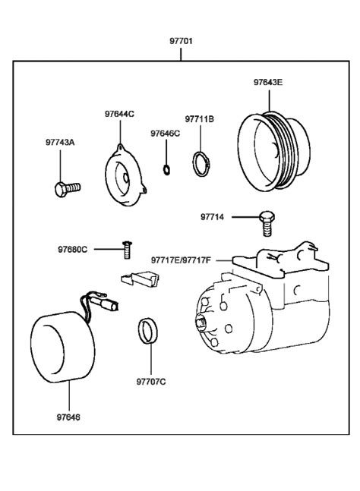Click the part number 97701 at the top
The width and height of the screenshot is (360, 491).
pyautogui.click(x=180, y=40)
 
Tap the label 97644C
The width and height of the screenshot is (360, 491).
pyautogui.click(x=119, y=114)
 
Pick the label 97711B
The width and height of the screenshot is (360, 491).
pyautogui.click(x=199, y=119)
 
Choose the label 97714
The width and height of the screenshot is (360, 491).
pyautogui.click(x=212, y=216)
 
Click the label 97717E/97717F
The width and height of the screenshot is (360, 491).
pyautogui.click(x=182, y=260)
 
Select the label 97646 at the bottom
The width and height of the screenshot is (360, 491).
pyautogui.click(x=68, y=417)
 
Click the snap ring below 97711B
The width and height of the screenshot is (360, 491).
pyautogui.click(x=201, y=164)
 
